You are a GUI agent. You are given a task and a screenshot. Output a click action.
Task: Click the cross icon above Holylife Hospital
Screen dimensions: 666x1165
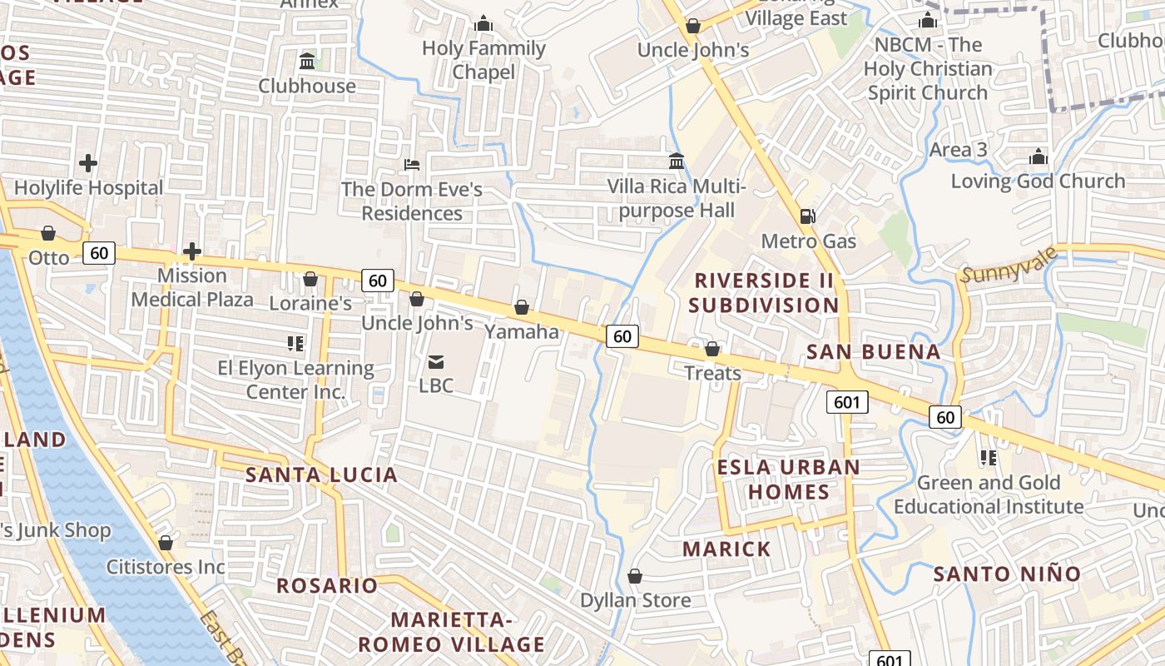coord(88,163)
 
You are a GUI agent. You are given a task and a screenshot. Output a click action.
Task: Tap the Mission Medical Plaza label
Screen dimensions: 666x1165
coord(192,287)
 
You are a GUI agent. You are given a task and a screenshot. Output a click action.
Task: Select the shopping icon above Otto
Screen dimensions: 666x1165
coord(48,233)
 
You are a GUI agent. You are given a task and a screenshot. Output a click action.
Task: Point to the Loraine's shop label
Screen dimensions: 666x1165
coord(310,303)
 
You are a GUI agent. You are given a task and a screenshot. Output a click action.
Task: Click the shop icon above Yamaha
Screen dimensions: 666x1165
coord(522,308)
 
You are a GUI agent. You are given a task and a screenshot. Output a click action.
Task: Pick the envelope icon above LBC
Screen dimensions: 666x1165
coord(436,362)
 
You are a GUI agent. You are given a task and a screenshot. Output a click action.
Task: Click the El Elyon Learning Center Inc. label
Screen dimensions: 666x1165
coord(295,379)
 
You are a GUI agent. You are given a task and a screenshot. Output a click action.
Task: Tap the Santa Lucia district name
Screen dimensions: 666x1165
coord(321,475)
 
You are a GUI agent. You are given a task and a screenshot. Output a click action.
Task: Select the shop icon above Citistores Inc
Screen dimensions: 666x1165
coord(166,543)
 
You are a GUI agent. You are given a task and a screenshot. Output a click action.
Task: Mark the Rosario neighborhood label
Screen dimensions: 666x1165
coord(327,585)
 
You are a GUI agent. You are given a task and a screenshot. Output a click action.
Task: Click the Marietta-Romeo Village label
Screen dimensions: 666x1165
coord(451,632)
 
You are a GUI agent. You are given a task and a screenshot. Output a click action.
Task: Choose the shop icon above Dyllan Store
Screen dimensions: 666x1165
coord(635,576)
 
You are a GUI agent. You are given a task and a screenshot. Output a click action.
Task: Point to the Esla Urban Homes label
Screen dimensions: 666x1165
coord(789,479)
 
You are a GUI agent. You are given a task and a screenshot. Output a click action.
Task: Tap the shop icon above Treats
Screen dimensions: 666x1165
coord(712,349)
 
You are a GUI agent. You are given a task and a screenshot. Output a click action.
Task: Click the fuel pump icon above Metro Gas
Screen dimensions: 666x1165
coord(806,216)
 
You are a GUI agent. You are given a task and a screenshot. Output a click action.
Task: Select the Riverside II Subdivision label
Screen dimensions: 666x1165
coord(764,292)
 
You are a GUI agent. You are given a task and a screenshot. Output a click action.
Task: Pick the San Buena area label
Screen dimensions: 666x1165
coord(874,352)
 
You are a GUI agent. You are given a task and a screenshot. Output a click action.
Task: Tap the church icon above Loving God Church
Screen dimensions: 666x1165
coord(1038,157)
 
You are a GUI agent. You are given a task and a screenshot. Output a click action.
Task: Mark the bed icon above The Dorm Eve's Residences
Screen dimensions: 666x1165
coord(412,165)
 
